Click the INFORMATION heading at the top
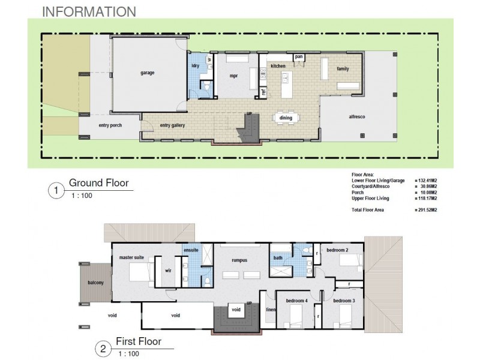89,11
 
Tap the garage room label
148,73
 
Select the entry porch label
110,125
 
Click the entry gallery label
172,125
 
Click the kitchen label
278,65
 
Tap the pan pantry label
298,57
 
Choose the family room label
343,69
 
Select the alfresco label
358,117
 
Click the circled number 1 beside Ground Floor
56,191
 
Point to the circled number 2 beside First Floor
104,349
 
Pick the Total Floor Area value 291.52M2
426,210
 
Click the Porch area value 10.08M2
425,193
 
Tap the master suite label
131,258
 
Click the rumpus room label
240,260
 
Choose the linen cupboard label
270,310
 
